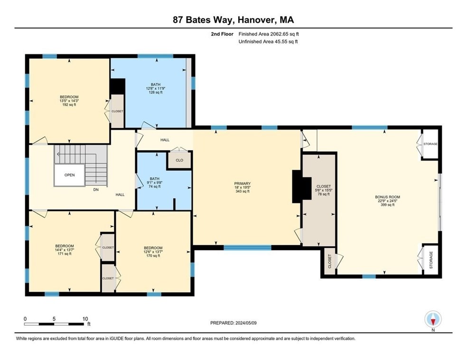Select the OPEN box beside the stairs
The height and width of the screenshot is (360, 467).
[69, 175]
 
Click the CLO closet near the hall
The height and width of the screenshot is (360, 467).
[179, 161]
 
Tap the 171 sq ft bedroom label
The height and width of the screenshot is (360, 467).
[64, 250]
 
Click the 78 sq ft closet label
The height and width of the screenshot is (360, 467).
[323, 190]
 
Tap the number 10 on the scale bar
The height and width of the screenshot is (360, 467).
[85, 319]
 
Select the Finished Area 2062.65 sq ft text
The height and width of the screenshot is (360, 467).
[269, 34]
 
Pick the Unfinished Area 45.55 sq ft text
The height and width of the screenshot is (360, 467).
[269, 42]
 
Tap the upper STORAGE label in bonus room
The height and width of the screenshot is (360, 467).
[430, 144]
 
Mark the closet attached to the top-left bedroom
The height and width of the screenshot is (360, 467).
[117, 111]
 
